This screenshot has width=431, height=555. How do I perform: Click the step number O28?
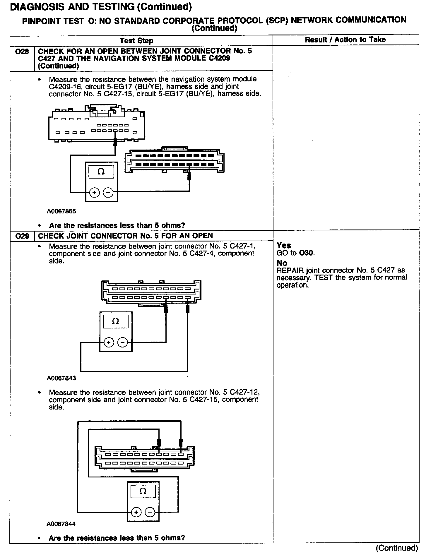click(x=22, y=52)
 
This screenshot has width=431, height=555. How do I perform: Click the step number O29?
click(x=22, y=236)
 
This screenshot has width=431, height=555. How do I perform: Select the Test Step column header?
click(x=136, y=41)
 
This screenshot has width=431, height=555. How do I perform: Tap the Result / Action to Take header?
click(x=345, y=40)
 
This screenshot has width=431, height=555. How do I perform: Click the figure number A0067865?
click(x=61, y=211)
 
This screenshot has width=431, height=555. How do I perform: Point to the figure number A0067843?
click(x=61, y=378)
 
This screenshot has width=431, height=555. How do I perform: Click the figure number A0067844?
click(x=61, y=524)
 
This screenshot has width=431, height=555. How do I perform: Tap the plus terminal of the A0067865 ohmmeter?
click(x=94, y=192)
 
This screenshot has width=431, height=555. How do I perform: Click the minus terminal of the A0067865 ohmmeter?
click(x=108, y=192)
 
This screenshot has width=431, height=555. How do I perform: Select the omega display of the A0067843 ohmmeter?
click(x=116, y=321)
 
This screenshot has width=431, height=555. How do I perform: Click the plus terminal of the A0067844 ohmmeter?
click(x=136, y=512)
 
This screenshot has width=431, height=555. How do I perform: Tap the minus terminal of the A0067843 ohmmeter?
click(x=123, y=342)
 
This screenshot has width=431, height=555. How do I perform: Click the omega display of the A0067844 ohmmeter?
click(x=143, y=491)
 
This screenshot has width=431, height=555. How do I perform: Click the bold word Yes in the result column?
click(x=284, y=245)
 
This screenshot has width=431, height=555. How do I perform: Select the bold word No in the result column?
click(x=282, y=263)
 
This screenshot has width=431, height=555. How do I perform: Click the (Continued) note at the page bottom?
click(x=397, y=548)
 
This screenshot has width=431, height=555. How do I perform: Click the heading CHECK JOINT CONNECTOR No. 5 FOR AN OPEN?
click(x=125, y=236)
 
